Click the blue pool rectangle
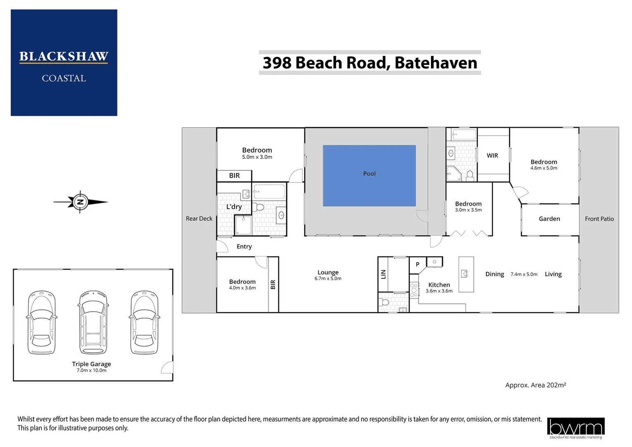click(x=369, y=175)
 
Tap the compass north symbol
click(x=81, y=202)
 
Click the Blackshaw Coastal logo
click(x=64, y=63)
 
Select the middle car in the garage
click(x=93, y=323)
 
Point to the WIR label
click(x=492, y=156)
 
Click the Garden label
click(x=549, y=219)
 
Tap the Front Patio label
click(x=599, y=219)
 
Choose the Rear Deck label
click(x=199, y=219)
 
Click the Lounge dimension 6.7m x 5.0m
click(x=328, y=279)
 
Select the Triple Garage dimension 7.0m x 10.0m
click(x=91, y=370)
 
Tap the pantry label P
click(x=418, y=264)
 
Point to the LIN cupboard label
click(x=383, y=274)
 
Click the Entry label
click(x=244, y=247)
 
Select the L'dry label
click(x=234, y=207)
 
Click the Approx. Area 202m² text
click(x=535, y=385)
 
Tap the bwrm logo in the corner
click(x=575, y=428)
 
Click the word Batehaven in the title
click(x=436, y=63)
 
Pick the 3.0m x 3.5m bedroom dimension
click(x=468, y=210)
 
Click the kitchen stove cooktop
click(x=414, y=290)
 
